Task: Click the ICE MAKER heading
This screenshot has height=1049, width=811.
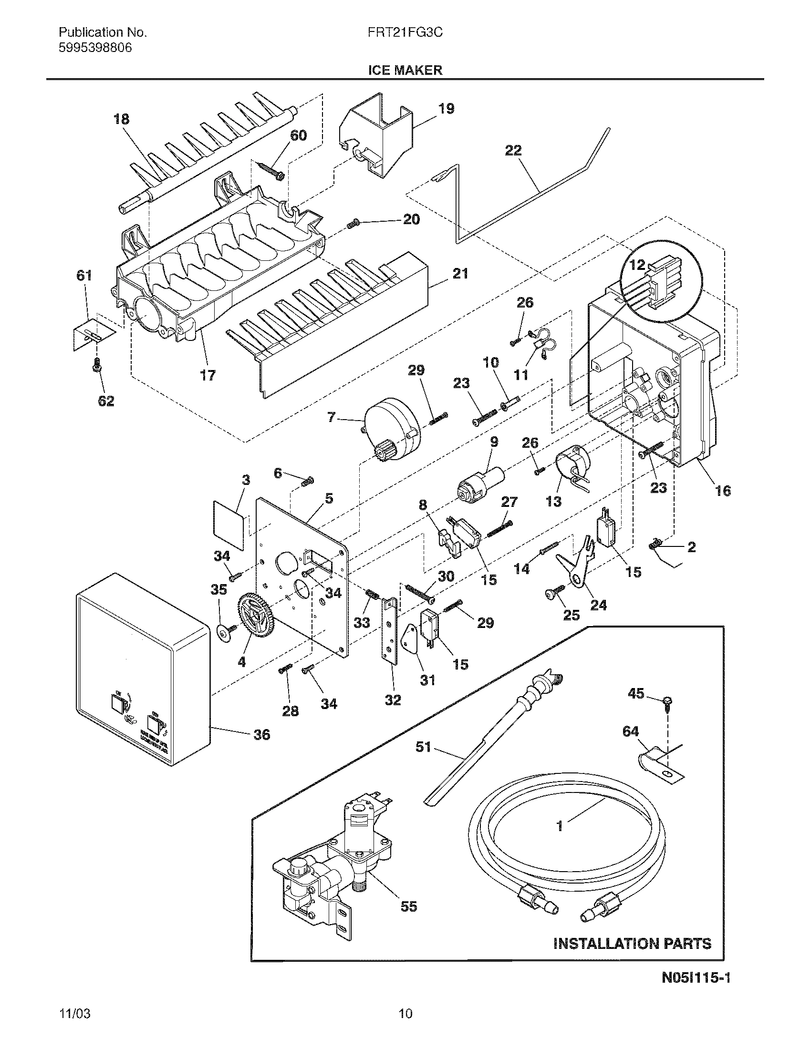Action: pyautogui.click(x=405, y=70)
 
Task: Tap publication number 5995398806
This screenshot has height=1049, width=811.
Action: pyautogui.click(x=95, y=48)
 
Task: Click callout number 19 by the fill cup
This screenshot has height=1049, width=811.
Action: pyautogui.click(x=446, y=109)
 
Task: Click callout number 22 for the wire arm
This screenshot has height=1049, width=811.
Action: pyautogui.click(x=513, y=151)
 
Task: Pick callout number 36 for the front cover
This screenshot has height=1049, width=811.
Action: pyautogui.click(x=261, y=734)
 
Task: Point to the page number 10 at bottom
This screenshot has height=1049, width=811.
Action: pyautogui.click(x=405, y=1026)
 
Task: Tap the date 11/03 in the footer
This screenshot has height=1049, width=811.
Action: pyautogui.click(x=74, y=1026)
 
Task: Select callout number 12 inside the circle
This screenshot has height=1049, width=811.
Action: pyautogui.click(x=637, y=265)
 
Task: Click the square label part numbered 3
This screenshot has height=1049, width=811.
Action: pyautogui.click(x=227, y=519)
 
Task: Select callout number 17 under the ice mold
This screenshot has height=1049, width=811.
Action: pyautogui.click(x=208, y=375)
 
